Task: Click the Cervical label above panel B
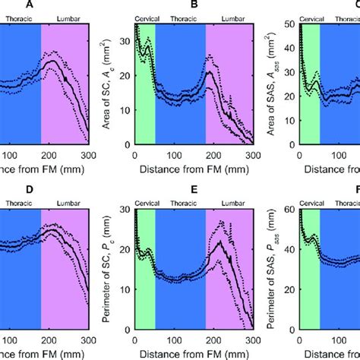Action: click(145, 16)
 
